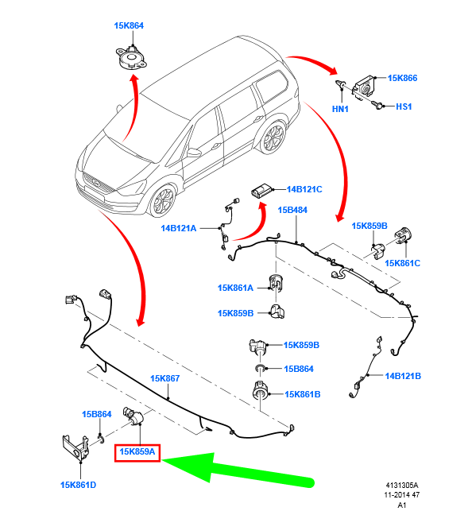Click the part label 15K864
(x=129, y=25)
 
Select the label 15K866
(x=402, y=78)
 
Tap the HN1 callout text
(x=340, y=109)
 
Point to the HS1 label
(x=404, y=106)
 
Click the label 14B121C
(x=304, y=189)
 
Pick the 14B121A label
(x=179, y=228)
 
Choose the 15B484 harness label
(x=292, y=210)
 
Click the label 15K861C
(x=403, y=263)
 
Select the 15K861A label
(x=235, y=288)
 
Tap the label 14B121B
(x=403, y=376)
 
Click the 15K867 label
(x=164, y=378)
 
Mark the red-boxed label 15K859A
(x=137, y=451)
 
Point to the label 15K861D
(x=78, y=485)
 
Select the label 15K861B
(x=303, y=394)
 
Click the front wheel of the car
(x=162, y=200)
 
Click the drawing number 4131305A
(x=402, y=486)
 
